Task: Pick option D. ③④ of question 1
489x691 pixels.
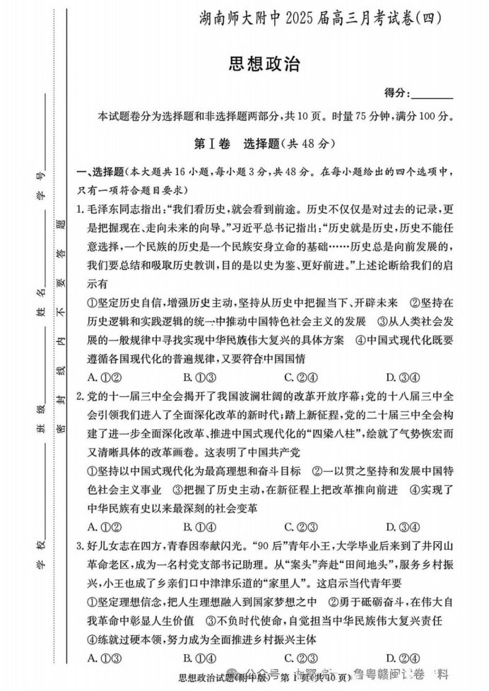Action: pyautogui.click(x=396, y=376)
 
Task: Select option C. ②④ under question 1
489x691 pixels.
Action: pyautogui.click(x=297, y=376)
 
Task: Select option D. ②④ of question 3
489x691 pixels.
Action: pyautogui.click(x=396, y=658)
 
